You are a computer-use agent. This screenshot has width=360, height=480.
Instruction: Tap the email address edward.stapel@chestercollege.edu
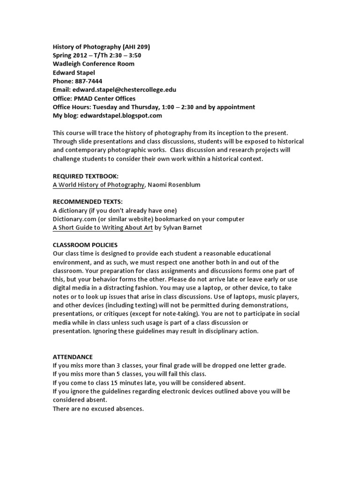coord(123,90)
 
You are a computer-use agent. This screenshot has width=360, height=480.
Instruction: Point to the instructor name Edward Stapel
coord(74,73)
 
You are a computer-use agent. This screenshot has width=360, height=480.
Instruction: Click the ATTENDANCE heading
coord(73,357)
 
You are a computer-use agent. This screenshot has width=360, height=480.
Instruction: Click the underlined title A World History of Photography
coord(98,185)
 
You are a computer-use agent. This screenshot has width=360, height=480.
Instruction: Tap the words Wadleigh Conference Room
coord(93,64)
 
